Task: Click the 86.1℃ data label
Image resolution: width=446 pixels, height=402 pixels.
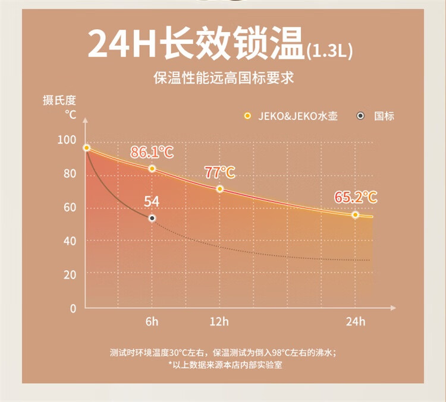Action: [152, 153]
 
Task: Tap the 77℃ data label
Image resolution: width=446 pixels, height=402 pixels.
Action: [219, 173]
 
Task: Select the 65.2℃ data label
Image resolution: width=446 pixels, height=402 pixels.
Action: [356, 197]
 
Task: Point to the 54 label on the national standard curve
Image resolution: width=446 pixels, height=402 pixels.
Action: [152, 201]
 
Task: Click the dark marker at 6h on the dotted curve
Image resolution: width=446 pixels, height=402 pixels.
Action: [152, 219]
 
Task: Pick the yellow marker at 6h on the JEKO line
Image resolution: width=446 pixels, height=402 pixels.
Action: [152, 169]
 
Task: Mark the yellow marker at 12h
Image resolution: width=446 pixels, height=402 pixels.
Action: [220, 189]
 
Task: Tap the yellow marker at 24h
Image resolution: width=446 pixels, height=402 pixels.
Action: [355, 214]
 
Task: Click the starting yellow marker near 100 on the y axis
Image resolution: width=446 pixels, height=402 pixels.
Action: [86, 148]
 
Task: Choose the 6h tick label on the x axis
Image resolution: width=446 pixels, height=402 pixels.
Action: [152, 322]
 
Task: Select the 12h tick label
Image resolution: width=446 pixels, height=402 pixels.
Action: [219, 322]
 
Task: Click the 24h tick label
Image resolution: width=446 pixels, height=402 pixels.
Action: [355, 322]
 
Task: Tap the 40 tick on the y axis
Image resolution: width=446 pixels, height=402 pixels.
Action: [70, 241]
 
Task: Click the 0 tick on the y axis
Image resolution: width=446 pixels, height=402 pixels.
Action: [73, 308]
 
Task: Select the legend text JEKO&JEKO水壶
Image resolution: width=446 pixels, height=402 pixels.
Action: [297, 116]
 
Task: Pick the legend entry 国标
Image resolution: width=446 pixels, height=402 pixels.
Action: [384, 116]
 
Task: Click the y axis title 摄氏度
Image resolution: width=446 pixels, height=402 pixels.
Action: [59, 100]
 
